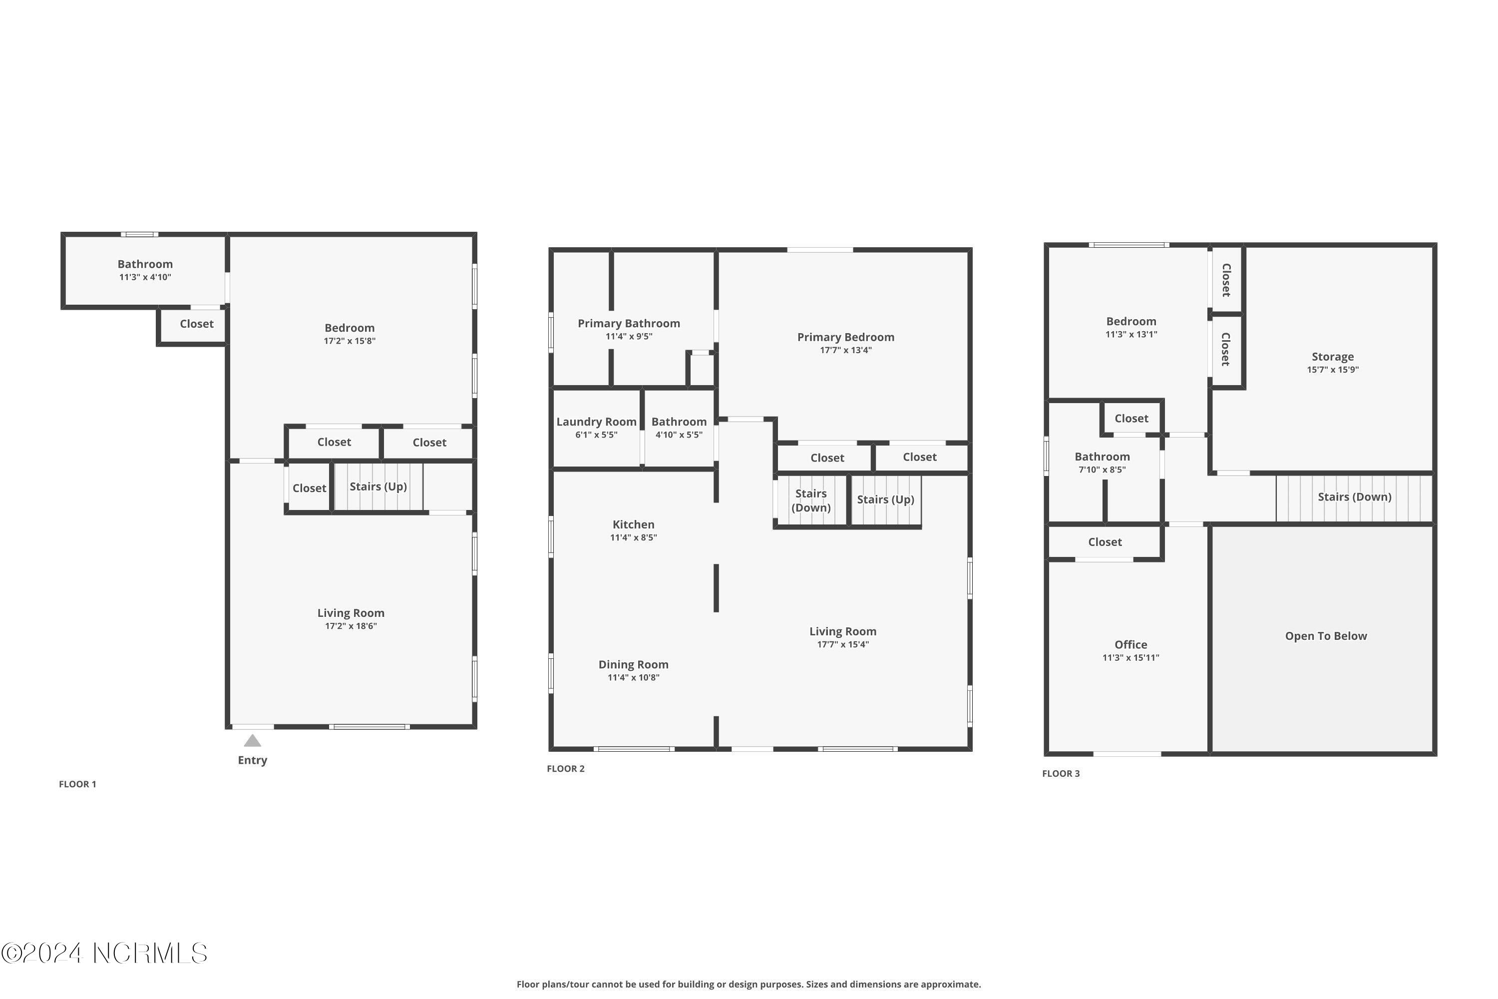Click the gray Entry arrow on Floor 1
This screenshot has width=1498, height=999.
tap(252, 740)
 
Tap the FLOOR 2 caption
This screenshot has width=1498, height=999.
tap(566, 768)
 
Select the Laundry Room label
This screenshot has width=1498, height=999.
tap(596, 422)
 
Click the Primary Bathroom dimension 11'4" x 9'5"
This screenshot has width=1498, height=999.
tap(629, 336)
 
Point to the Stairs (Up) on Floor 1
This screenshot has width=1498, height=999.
tap(378, 487)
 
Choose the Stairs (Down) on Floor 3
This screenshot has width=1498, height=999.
tap(1354, 497)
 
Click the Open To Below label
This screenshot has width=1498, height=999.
tap(1325, 636)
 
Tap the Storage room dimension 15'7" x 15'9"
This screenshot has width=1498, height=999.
tap(1332, 370)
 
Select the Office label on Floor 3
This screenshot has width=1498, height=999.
tap(1130, 645)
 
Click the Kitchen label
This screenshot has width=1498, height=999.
tap(633, 524)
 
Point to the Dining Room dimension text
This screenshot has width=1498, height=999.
tap(633, 677)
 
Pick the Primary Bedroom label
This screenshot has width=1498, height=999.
tap(845, 337)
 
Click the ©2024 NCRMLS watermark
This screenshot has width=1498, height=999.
tap(104, 954)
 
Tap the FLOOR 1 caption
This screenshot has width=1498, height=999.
tap(77, 784)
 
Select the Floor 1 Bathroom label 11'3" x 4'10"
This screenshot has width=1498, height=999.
tap(145, 270)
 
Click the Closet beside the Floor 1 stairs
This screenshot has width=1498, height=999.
tap(309, 488)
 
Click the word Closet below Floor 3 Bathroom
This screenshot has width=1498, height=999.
tap(1105, 542)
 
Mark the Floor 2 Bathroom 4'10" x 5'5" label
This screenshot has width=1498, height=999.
tap(679, 428)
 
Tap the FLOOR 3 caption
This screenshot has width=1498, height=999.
tap(1061, 773)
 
